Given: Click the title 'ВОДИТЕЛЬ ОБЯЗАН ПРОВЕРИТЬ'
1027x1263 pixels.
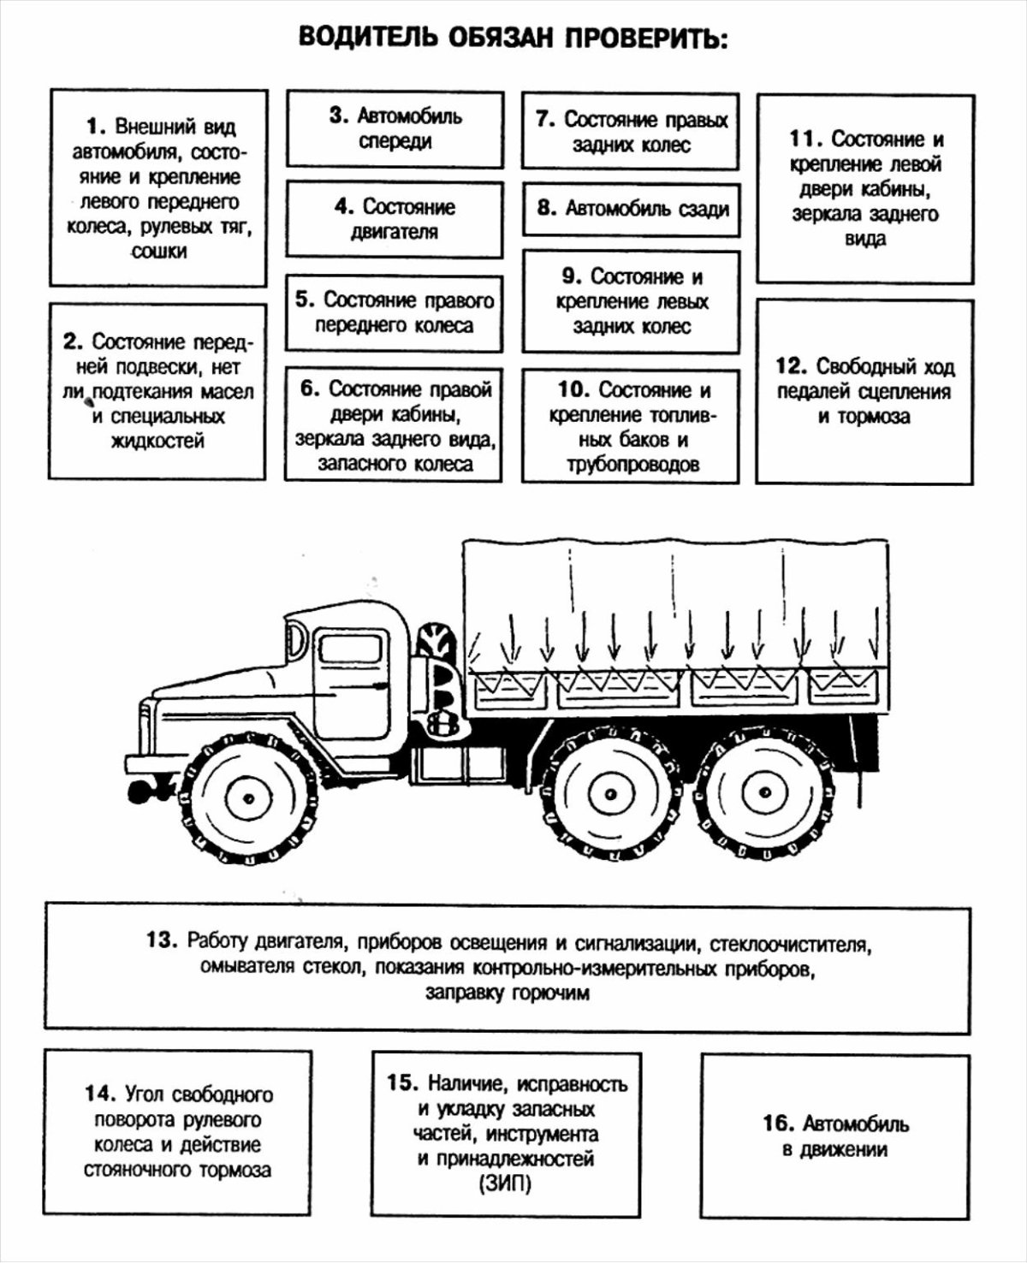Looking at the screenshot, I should tap(513, 39).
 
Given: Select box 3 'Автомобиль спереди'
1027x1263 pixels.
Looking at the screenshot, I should tap(395, 128).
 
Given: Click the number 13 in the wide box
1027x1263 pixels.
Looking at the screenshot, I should tap(161, 940).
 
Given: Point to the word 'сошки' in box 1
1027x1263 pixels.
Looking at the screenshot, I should tap(159, 252).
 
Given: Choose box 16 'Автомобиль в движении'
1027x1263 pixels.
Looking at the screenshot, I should tap(834, 1136).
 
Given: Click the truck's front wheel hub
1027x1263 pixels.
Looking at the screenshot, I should tap(248, 798).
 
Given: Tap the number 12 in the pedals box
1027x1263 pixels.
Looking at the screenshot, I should tap(791, 366).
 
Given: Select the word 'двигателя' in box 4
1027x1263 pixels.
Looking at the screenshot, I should tap(395, 232).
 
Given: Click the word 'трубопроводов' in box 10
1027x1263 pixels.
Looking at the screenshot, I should tap(632, 465).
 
